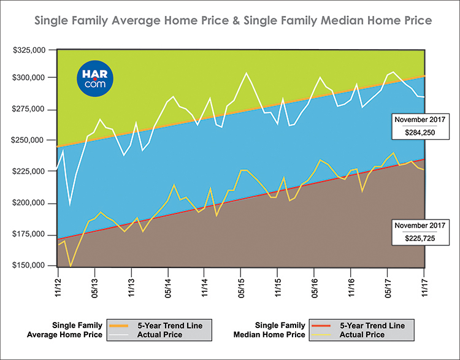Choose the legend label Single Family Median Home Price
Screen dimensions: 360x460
[x=272, y=329]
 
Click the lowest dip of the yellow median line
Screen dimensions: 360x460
[x=71, y=266]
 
